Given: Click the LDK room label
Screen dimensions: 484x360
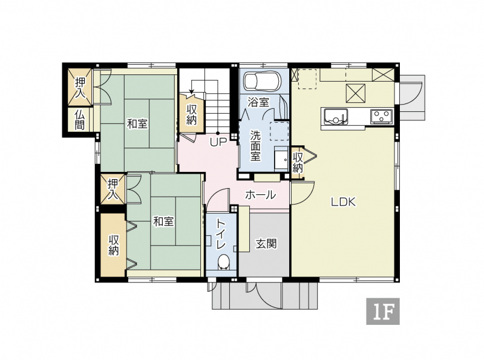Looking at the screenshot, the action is coord(344,202).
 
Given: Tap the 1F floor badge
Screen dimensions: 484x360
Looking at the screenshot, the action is coord(383,311).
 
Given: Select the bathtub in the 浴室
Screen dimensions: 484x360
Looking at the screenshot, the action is coord(263,81).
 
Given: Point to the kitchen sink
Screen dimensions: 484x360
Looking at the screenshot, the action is coord(336,117).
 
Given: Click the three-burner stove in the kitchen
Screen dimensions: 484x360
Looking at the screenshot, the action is coord(382,116).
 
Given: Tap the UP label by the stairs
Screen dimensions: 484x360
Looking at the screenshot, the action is coord(218,142).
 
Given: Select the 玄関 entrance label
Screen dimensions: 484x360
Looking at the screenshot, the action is coord(266,244).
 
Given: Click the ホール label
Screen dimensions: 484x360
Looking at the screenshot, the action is coord(261,195).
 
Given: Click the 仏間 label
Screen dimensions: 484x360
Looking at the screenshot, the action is coord(80,120).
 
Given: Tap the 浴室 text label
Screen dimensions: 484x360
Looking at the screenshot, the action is coord(258,102).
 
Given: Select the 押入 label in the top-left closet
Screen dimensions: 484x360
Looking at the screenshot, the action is coord(80,88).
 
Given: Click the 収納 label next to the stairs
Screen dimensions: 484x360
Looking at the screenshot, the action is coord(192,114).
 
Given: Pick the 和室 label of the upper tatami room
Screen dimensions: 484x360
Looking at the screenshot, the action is coord(137,124).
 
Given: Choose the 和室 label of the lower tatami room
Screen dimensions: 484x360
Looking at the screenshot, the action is coord(163,221).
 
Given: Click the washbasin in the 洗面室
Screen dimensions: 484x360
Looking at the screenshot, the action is coord(281,160).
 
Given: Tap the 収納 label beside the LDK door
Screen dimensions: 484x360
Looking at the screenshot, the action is coord(298,162).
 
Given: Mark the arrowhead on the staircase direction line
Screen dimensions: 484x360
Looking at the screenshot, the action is coord(192,92).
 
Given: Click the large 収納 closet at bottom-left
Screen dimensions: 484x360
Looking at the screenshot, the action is coord(113,245).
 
